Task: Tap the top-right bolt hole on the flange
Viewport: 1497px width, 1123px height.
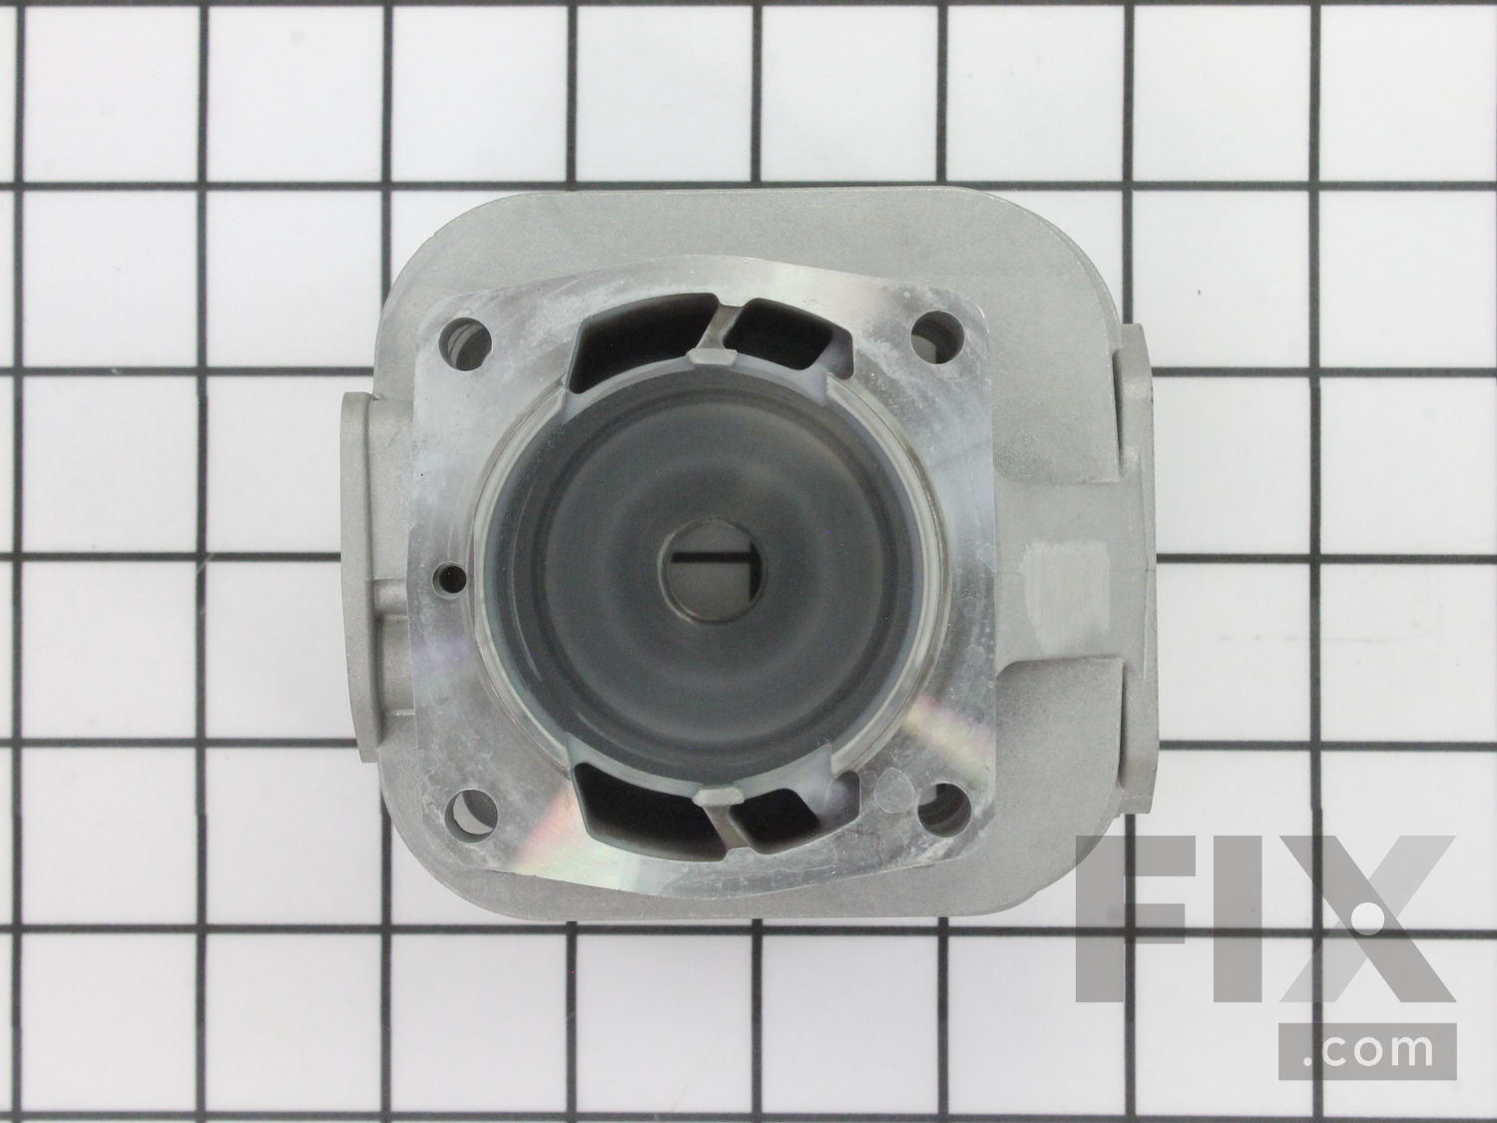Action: (934, 331)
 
